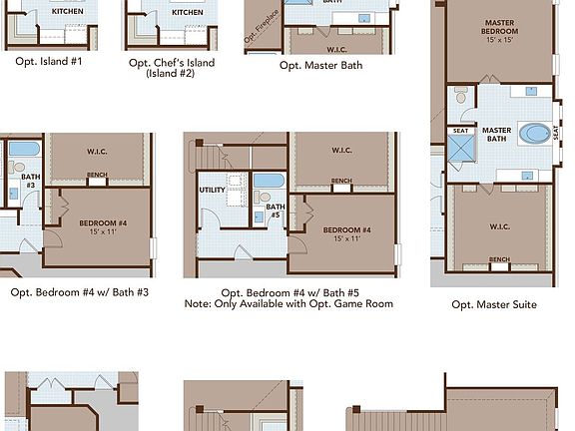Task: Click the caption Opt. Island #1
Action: (48, 62)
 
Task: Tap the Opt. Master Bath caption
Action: (320, 65)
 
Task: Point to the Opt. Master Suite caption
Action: (494, 304)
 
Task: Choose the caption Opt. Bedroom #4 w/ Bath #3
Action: (80, 292)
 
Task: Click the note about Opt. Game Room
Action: (289, 303)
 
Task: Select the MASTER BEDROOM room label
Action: (499, 28)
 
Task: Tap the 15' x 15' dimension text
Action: (499, 40)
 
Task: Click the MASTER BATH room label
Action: (496, 135)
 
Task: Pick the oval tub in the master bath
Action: (537, 134)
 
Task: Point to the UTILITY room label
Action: (212, 190)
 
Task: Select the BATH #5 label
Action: (275, 212)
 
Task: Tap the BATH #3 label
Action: (31, 181)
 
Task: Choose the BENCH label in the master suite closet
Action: (498, 259)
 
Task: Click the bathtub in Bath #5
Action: (268, 186)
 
